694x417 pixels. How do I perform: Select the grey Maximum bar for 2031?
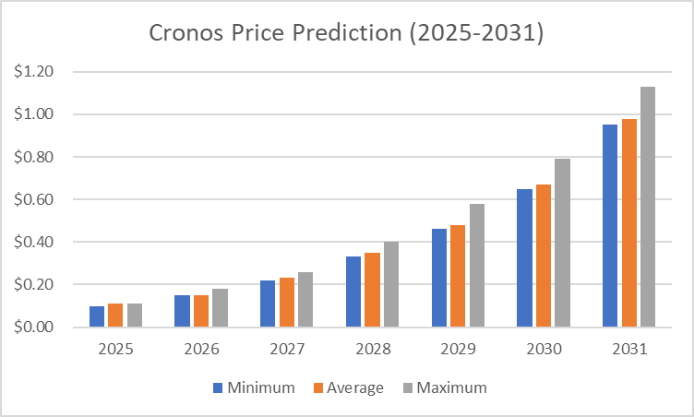(647, 208)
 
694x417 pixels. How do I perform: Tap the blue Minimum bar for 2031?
(610, 226)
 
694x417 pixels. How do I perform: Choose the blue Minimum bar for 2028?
(353, 292)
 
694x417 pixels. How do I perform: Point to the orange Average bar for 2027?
(286, 303)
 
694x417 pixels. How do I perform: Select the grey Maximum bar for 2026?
(219, 308)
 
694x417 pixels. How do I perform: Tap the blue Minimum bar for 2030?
(524, 258)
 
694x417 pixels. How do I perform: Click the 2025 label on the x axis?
(115, 351)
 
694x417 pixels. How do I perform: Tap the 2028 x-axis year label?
(372, 351)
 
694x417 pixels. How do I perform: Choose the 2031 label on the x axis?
(628, 351)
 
